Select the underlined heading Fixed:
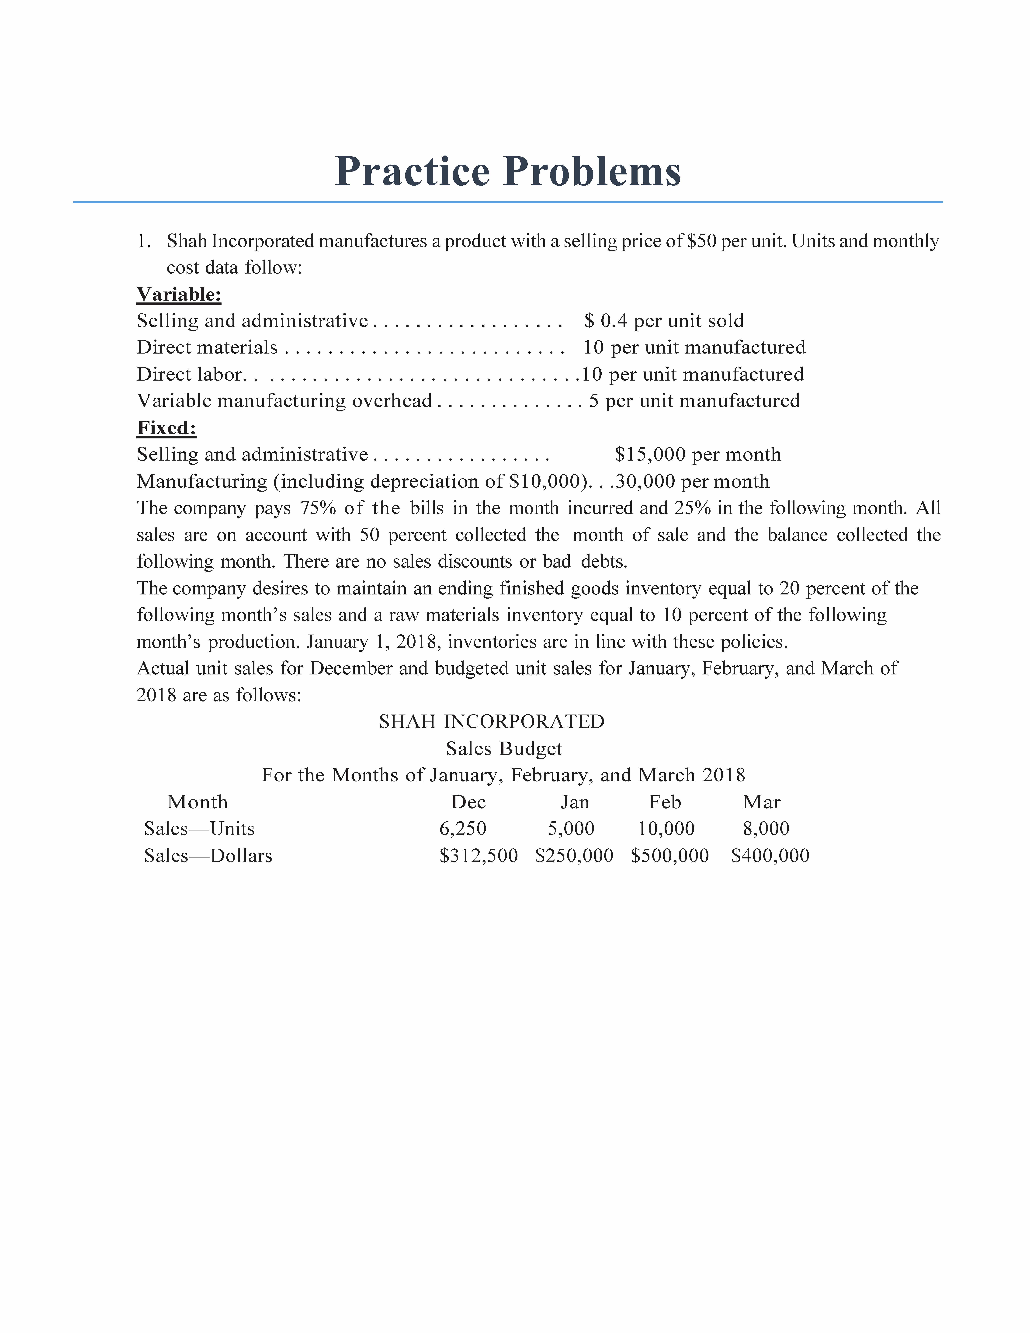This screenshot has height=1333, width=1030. (167, 428)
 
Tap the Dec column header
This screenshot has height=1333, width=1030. (469, 802)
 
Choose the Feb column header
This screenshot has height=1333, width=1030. (665, 802)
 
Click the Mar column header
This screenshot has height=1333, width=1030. (762, 802)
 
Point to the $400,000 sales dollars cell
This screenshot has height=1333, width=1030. (770, 856)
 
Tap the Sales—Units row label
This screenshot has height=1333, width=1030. (200, 829)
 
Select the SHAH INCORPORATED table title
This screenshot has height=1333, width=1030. (492, 722)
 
